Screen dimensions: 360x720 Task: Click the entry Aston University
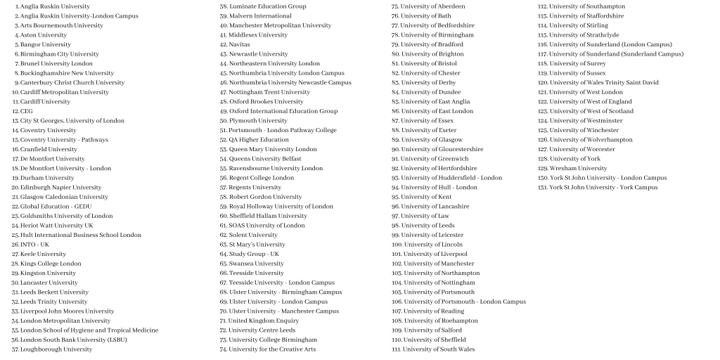pos(43,34)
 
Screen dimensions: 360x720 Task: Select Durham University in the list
pos(46,178)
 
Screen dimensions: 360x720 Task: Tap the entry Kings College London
pos(51,264)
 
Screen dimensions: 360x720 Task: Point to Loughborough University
pos(56,349)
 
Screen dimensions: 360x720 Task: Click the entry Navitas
pos(239,44)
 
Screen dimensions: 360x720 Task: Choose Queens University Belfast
pos(265,159)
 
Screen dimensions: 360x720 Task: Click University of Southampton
pos(586,6)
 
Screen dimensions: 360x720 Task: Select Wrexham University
pos(578,169)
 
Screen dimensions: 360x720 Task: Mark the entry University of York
pos(574,159)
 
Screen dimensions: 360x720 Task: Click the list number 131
pos(543,188)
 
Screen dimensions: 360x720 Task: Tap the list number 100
pos(397,245)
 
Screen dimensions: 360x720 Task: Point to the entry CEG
pos(26,111)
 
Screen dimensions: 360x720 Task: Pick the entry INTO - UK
pos(34,245)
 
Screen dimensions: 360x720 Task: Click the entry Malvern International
pos(260,15)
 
